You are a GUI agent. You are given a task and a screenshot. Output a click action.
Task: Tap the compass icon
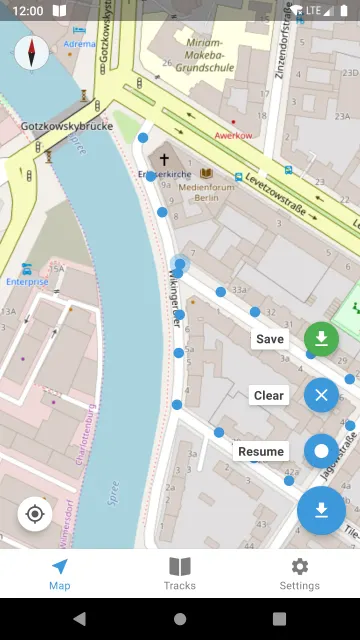(32, 52)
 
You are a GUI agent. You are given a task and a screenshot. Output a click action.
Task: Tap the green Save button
(321, 339)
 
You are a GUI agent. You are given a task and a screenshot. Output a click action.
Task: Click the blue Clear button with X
(321, 395)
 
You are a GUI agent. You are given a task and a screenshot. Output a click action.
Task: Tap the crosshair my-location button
(35, 514)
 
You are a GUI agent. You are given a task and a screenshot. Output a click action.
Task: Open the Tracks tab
(180, 574)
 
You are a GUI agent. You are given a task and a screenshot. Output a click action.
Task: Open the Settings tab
(299, 574)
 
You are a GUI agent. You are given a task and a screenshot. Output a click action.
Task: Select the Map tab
(60, 574)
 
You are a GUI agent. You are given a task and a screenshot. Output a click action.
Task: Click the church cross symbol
(163, 159)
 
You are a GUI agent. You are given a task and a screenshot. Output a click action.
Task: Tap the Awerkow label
(232, 135)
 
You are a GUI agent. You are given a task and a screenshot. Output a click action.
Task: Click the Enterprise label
(27, 282)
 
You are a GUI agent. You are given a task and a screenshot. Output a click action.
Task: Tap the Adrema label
(79, 44)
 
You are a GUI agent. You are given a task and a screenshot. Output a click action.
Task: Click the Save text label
(270, 339)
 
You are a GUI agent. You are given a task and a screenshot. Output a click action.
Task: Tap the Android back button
(80, 619)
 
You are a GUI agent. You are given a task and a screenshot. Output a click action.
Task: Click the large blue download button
(321, 511)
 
